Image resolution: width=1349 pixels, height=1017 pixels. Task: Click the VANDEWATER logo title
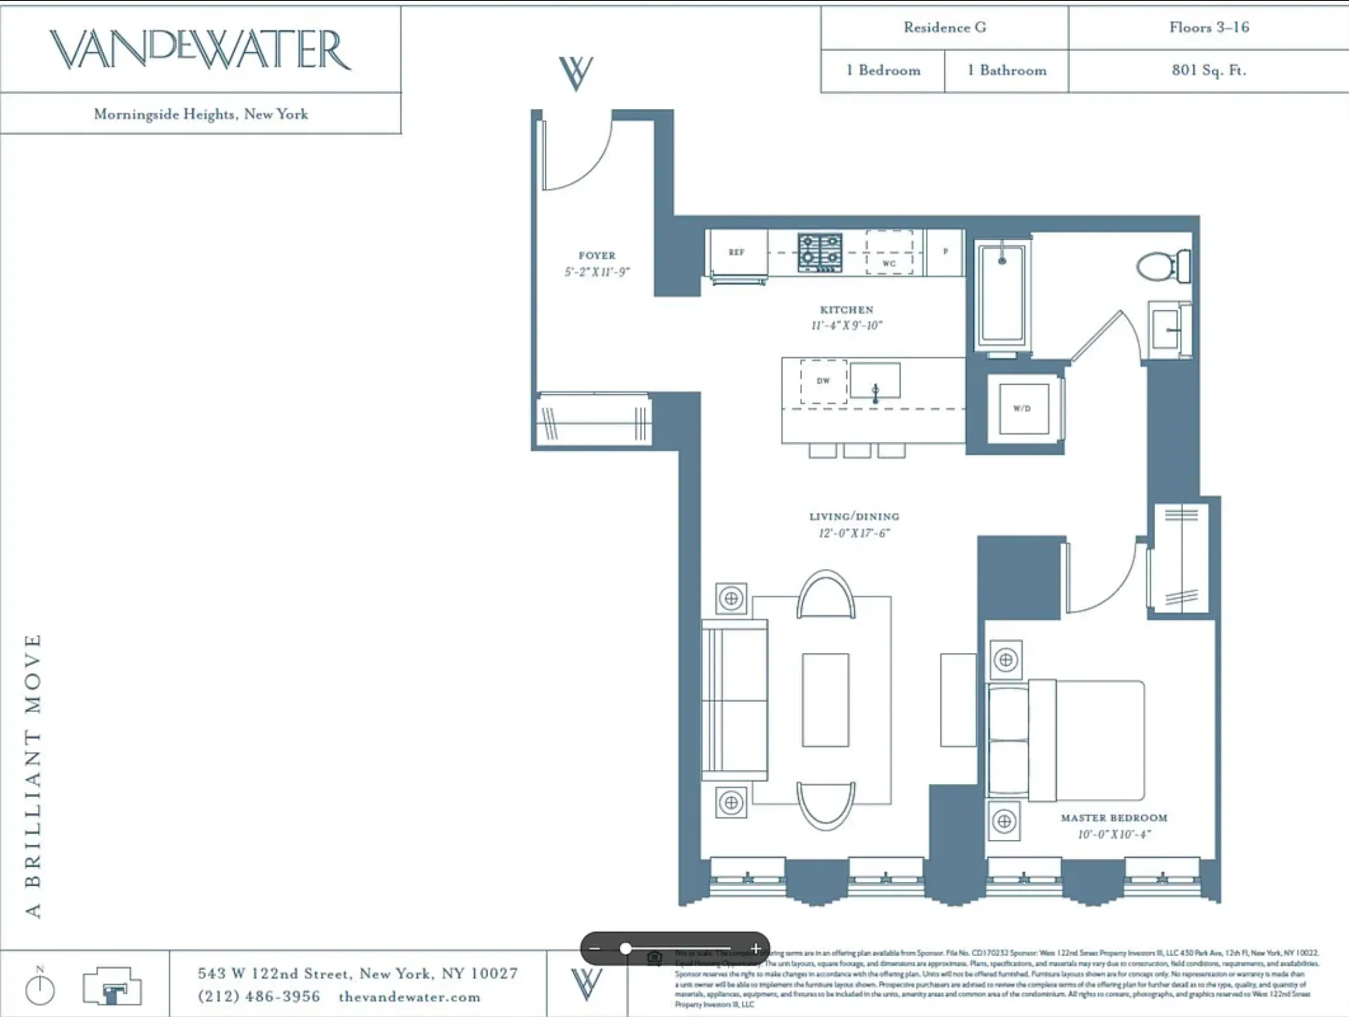pos(200,50)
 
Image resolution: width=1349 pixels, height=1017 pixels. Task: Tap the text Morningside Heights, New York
pos(201,114)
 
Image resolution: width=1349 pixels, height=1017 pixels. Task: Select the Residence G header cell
pos(944,27)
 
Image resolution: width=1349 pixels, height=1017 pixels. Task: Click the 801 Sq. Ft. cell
pos(1208,70)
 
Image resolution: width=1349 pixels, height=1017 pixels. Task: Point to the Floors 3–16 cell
pos(1209,27)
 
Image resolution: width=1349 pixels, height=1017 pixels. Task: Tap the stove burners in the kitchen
pos(820,252)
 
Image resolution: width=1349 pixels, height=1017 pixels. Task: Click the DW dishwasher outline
pos(823,381)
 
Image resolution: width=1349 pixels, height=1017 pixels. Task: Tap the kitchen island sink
pos(875,381)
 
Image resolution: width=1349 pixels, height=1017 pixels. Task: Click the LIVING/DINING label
pos(854,516)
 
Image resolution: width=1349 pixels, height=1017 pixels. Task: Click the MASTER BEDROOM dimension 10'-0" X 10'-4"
pos(1114,834)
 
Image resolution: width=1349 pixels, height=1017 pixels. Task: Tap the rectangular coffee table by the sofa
pos(825,700)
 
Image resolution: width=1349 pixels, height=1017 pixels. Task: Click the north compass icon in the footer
pos(40,988)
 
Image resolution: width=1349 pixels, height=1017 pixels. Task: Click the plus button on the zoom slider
pos(756,949)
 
